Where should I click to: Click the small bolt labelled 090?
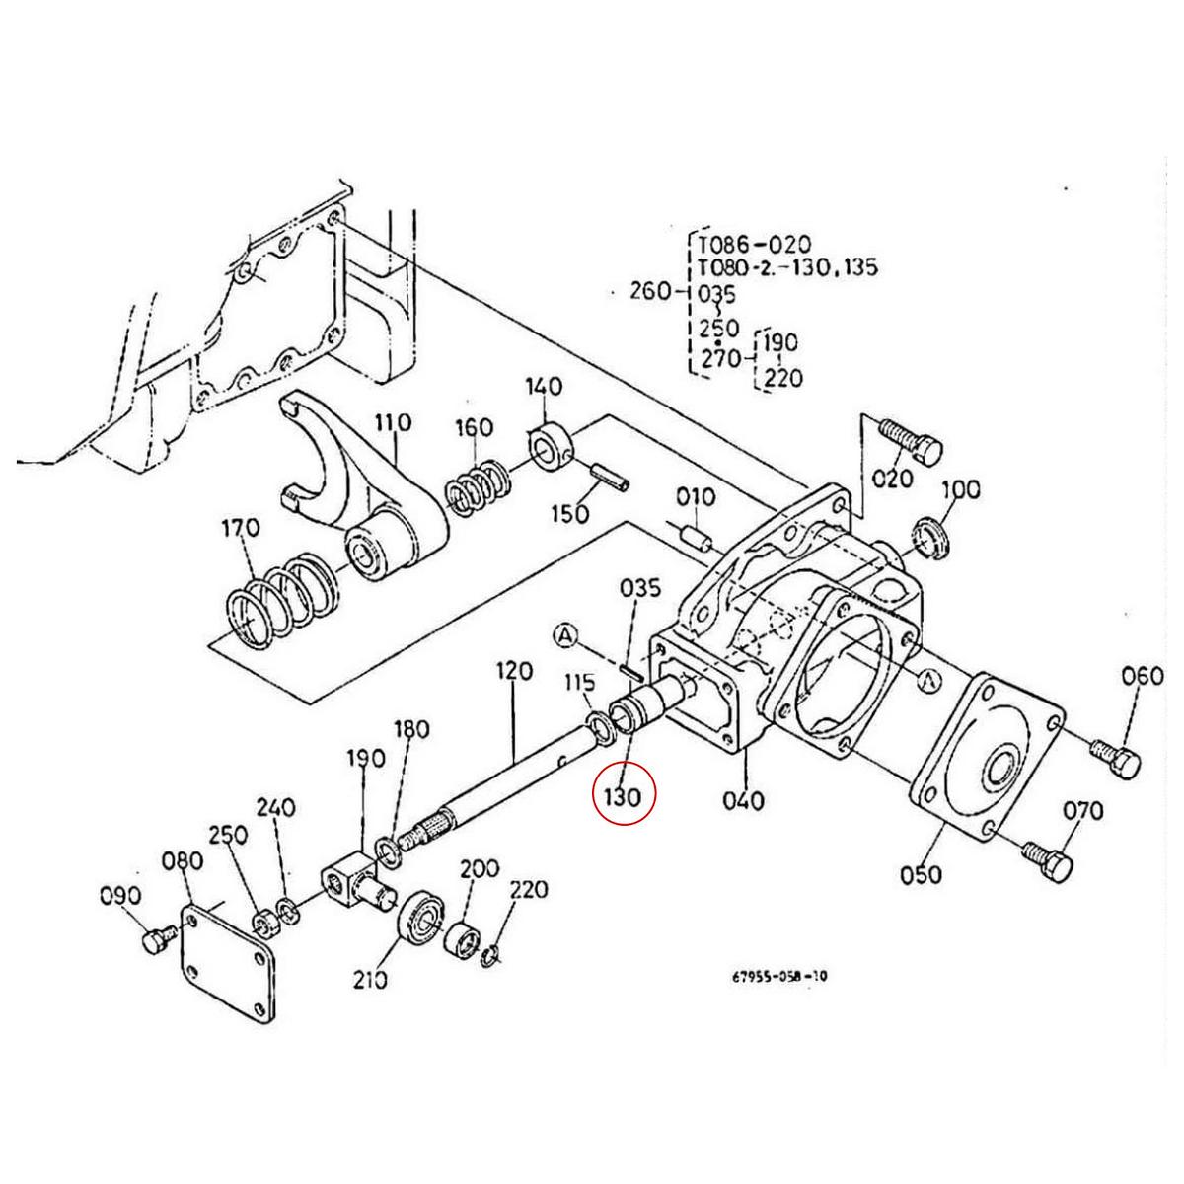coord(157,940)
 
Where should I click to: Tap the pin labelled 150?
coord(609,479)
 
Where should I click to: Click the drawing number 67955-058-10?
coord(779,977)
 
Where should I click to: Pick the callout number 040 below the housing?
coord(742,799)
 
